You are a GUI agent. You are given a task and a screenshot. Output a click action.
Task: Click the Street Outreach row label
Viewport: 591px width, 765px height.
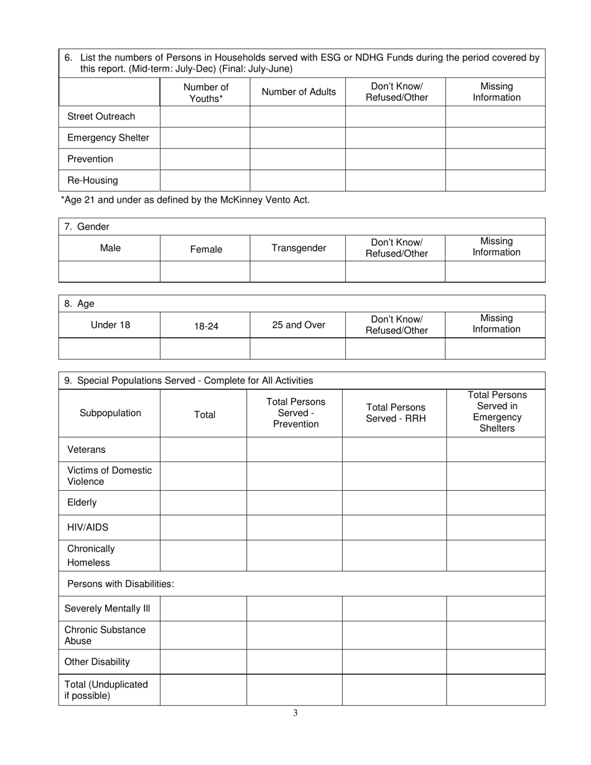(101, 117)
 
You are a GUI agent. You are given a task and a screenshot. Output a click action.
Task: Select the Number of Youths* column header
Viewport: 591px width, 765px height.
(205, 93)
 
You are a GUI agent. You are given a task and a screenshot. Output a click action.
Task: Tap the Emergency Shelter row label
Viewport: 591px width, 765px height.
(108, 138)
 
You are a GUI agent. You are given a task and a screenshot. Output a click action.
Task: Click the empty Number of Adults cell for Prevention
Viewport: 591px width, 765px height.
(297, 159)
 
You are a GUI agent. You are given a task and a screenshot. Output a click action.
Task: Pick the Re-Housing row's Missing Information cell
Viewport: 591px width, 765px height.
(495, 180)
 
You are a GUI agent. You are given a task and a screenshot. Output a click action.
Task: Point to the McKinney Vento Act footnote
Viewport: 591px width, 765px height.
(185, 200)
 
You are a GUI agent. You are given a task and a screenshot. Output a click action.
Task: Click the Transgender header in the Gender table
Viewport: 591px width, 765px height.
(299, 248)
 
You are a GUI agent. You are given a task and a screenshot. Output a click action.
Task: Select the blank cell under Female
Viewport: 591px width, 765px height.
(205, 272)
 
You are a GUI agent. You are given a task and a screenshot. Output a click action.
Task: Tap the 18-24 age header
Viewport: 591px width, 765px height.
(206, 325)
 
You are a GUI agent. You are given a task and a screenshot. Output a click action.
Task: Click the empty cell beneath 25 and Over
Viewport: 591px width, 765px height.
(297, 348)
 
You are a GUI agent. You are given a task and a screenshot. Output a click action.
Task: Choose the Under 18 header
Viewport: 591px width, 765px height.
(110, 325)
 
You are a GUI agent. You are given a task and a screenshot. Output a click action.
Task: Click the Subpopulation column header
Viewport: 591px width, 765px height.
(110, 413)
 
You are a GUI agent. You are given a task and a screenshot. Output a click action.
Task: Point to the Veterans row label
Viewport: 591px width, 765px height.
(86, 449)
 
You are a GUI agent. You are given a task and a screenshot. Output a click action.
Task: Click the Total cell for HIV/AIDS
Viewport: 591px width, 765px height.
(203, 527)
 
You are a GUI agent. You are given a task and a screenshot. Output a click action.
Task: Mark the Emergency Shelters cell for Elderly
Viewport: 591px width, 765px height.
(495, 503)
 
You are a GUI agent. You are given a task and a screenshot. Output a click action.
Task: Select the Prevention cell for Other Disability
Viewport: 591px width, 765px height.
(294, 662)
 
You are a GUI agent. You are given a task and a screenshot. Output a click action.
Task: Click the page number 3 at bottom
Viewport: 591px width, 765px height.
(295, 713)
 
